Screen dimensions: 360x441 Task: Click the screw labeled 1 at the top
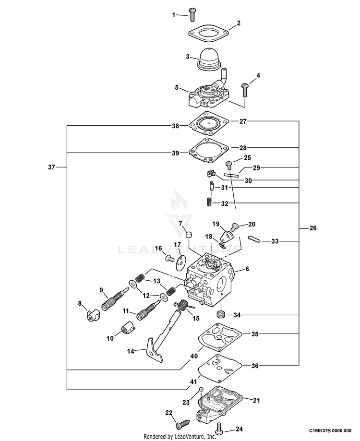click(192, 14)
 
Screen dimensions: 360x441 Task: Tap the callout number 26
click(313, 228)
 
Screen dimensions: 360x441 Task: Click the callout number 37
click(51, 167)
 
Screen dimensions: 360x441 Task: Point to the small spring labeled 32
click(208, 203)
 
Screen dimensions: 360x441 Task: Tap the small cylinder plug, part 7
click(188, 234)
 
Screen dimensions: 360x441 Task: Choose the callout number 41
click(193, 382)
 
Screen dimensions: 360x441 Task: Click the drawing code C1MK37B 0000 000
click(330, 430)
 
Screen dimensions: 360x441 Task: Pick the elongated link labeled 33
click(255, 239)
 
